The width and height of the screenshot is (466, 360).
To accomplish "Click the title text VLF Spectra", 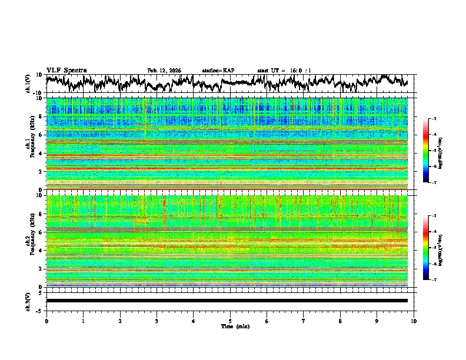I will [66, 71].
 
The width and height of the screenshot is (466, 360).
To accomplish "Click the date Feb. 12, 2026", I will [164, 71].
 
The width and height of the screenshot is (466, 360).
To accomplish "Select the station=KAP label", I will [218, 71].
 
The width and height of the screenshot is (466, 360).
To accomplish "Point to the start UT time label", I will [284, 71].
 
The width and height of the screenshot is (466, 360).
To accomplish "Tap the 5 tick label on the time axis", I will [230, 321].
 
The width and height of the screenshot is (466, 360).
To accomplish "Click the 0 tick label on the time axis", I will [46, 321].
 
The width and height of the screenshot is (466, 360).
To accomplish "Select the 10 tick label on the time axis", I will [414, 321].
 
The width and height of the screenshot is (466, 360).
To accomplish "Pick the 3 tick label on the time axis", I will [157, 321].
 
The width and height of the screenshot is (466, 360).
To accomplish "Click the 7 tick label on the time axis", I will [304, 321].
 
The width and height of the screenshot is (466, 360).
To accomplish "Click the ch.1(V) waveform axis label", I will [28, 84].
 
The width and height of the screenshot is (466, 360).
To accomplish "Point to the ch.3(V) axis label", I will [28, 301].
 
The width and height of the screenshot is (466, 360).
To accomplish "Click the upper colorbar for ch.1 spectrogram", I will [426, 151].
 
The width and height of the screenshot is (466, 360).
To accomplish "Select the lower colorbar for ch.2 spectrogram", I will [426, 248].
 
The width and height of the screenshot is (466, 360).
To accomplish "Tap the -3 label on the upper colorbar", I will [434, 119].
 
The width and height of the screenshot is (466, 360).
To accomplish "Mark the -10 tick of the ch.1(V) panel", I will [38, 93].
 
